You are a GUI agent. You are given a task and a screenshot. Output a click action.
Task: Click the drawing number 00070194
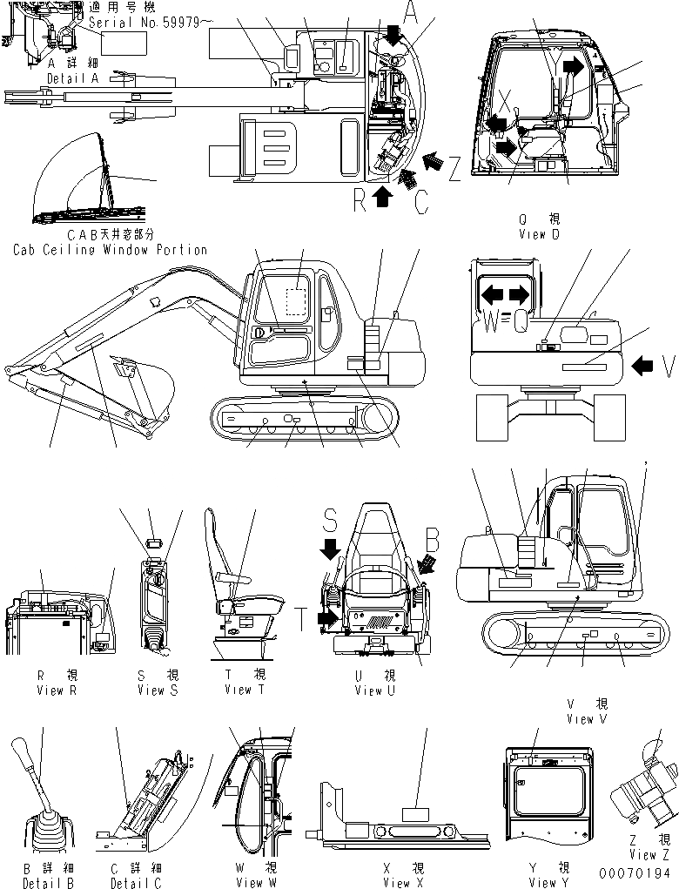click(x=635, y=872)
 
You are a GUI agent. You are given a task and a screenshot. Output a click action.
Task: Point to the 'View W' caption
click(x=255, y=882)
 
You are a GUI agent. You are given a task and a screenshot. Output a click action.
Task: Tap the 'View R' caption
click(x=57, y=690)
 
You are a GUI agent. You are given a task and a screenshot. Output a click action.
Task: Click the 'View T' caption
click(x=237, y=690)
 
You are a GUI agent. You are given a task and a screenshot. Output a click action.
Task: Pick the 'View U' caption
click(x=375, y=690)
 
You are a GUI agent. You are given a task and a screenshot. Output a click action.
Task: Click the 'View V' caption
click(x=592, y=719)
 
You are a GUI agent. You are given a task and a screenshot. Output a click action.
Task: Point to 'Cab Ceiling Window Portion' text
click(x=111, y=250)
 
